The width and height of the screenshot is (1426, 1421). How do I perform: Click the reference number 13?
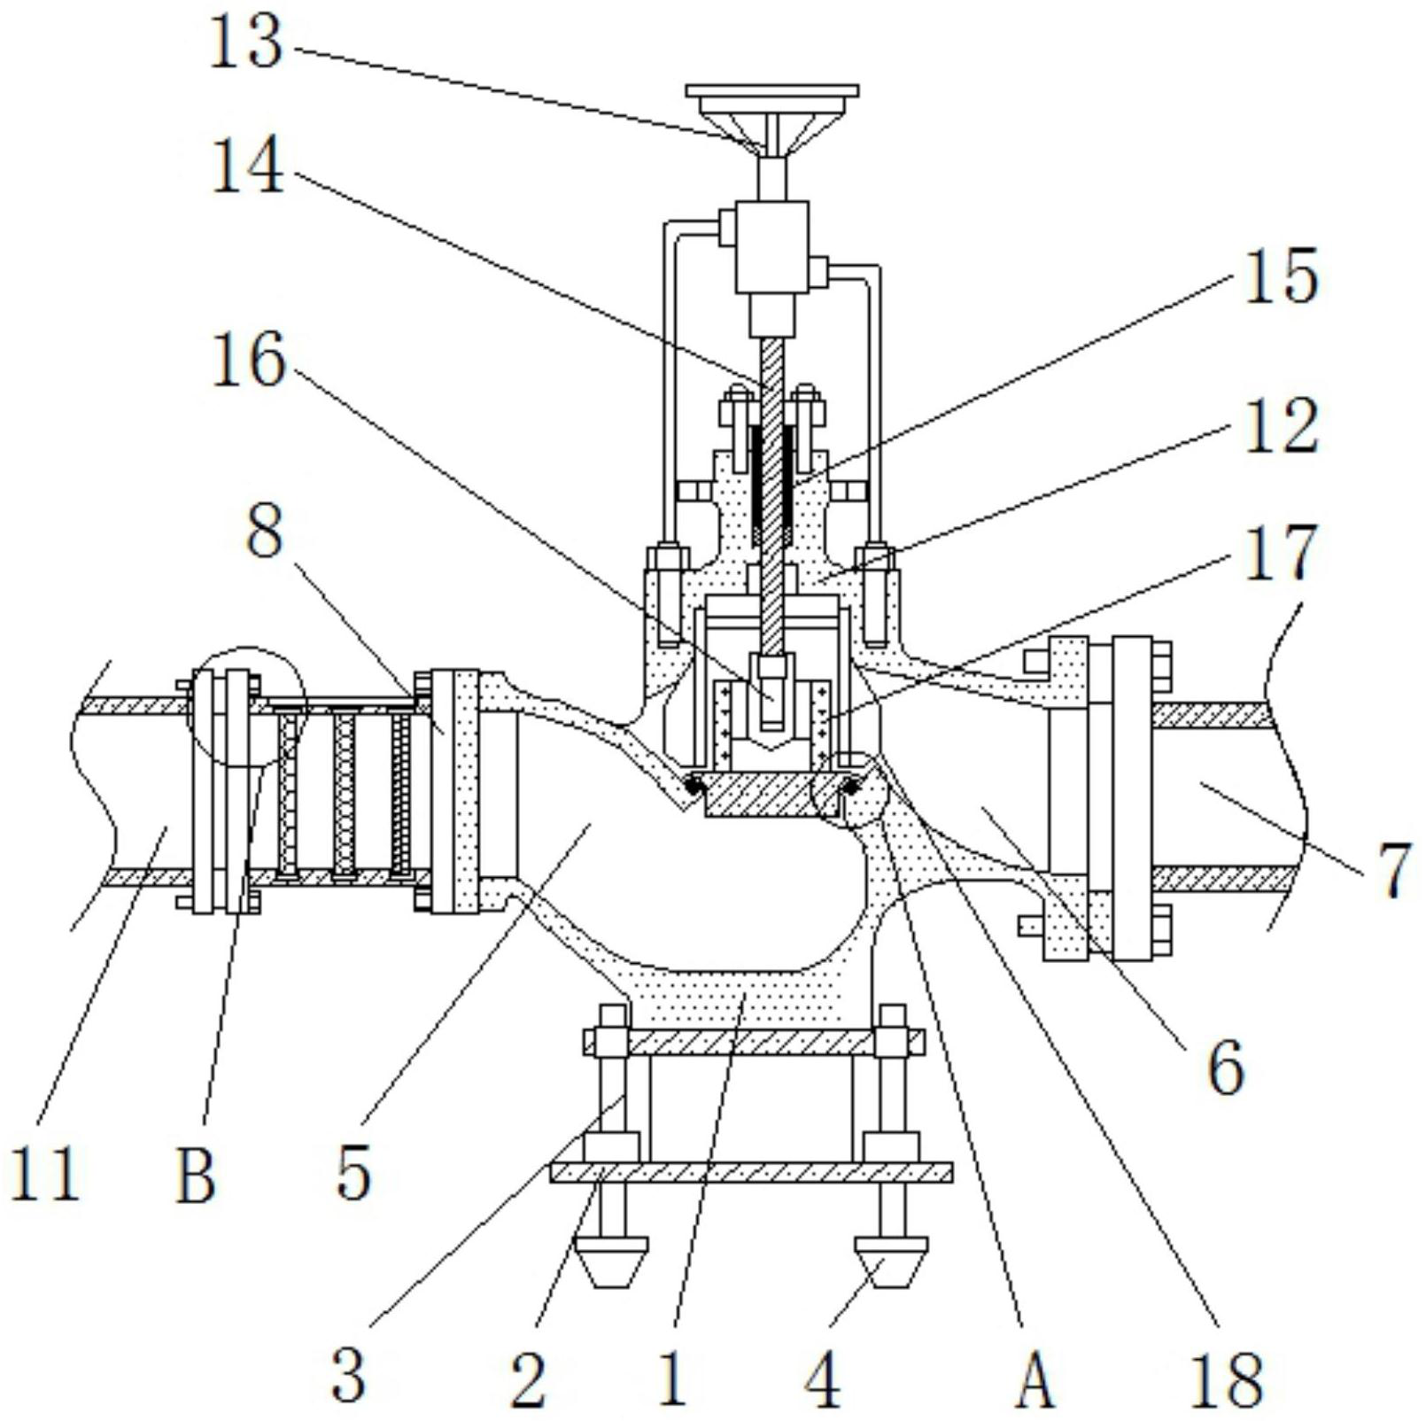coord(245,43)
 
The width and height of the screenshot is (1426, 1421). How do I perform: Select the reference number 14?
coord(247,167)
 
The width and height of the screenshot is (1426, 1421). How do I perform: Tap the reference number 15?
coord(1281,276)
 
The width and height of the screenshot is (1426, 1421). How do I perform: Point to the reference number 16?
coord(249,361)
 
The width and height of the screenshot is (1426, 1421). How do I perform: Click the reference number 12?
coord(1281,426)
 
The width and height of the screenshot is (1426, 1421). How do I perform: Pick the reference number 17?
coord(1281,554)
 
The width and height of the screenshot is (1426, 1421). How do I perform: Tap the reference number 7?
coord(1393,874)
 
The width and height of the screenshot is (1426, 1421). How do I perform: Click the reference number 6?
coord(1226,1069)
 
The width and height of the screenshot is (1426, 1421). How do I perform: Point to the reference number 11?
coord(46,1174)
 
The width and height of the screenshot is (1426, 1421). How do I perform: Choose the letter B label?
coord(196,1175)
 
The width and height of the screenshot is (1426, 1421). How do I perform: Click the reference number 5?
coord(353,1175)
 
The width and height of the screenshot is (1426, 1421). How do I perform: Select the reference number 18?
coord(1227,1379)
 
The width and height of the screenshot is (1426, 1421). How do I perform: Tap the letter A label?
coord(1035,1380)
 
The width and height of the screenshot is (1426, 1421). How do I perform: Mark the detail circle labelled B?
coord(245,705)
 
